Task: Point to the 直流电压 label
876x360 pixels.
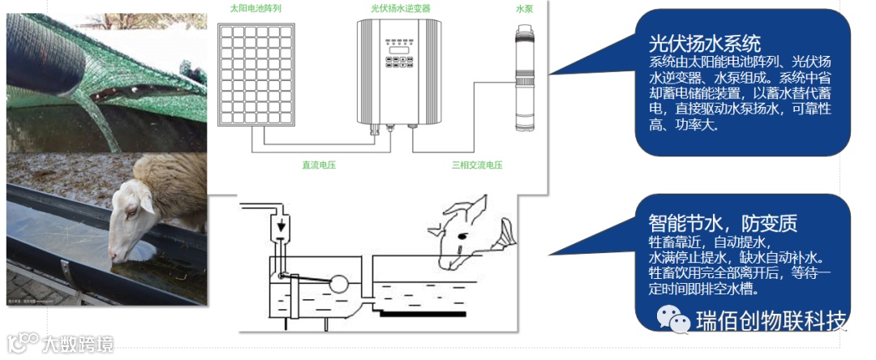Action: (x=319, y=165)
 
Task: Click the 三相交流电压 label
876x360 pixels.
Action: (x=477, y=165)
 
